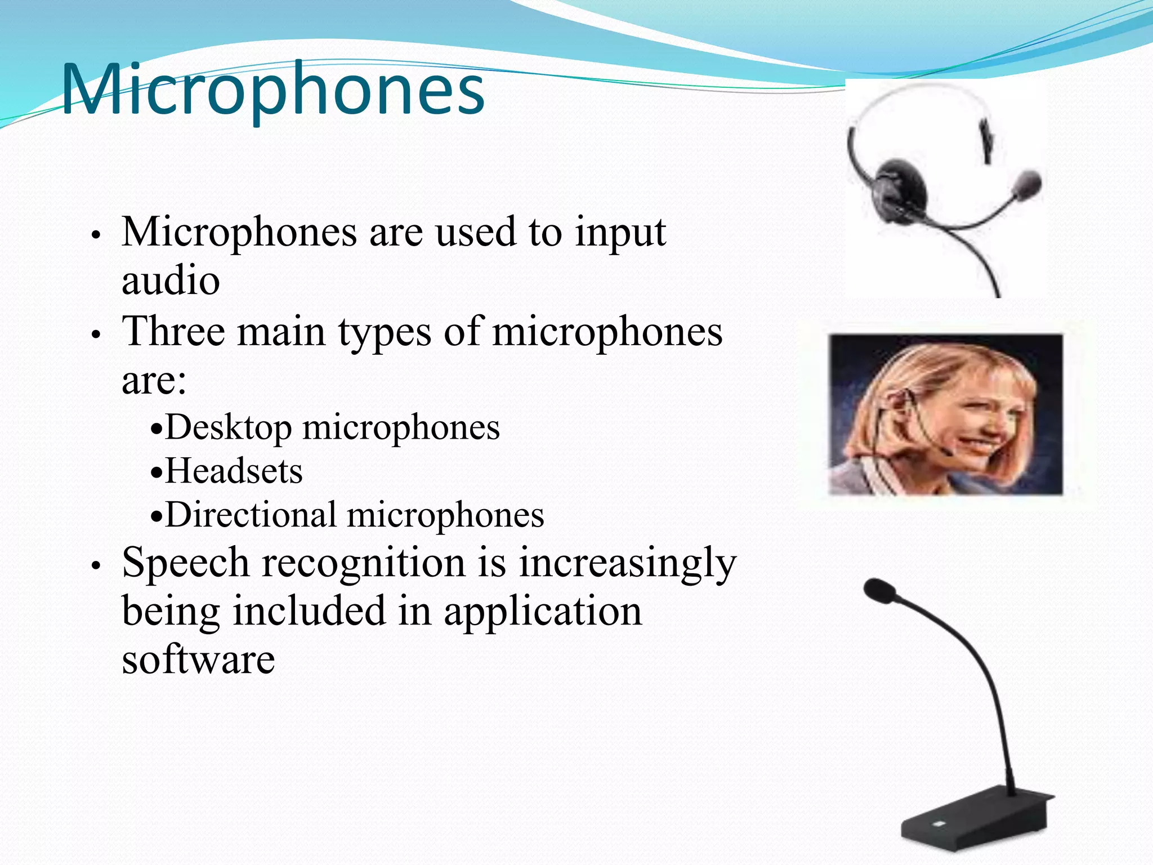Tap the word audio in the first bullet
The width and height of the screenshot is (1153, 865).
tap(171, 280)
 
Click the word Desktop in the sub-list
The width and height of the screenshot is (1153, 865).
tap(228, 428)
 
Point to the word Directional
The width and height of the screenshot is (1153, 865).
tap(251, 515)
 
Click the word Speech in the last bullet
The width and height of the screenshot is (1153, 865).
tap(186, 563)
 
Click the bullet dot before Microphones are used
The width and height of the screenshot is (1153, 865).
tap(96, 235)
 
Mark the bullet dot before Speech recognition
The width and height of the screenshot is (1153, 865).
tap(96, 565)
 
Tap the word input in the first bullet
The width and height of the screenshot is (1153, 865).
tap(620, 232)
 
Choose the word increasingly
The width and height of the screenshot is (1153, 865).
tap(627, 563)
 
